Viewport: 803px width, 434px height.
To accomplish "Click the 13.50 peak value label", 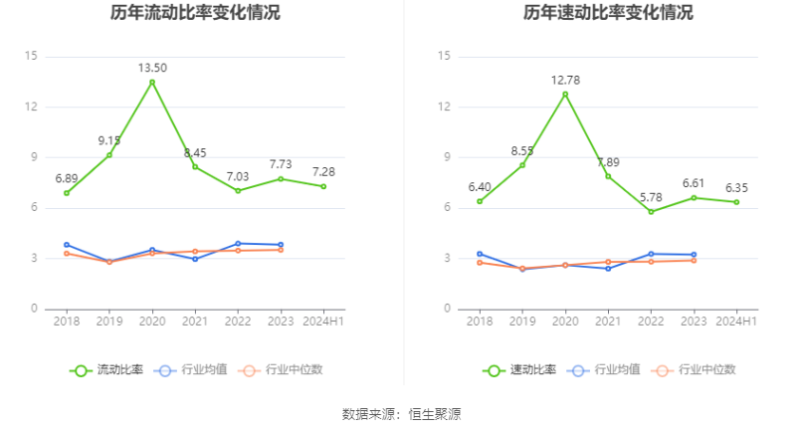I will (152, 68).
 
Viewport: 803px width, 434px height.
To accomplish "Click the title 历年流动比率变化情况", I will (195, 14).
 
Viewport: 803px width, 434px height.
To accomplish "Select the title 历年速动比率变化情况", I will (608, 14).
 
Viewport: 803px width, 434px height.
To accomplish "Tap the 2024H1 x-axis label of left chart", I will (323, 321).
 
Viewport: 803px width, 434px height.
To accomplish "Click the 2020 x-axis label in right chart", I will (565, 321).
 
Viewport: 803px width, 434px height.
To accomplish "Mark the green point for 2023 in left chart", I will (281, 178).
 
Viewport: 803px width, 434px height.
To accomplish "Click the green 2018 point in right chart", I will (480, 201).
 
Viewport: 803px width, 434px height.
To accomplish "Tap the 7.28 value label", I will (323, 171).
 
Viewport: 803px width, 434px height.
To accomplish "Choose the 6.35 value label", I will (736, 187).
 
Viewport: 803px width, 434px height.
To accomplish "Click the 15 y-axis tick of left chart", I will (31, 56).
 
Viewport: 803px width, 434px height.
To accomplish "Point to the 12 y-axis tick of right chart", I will (444, 107).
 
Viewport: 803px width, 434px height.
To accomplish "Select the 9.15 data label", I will (109, 140).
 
